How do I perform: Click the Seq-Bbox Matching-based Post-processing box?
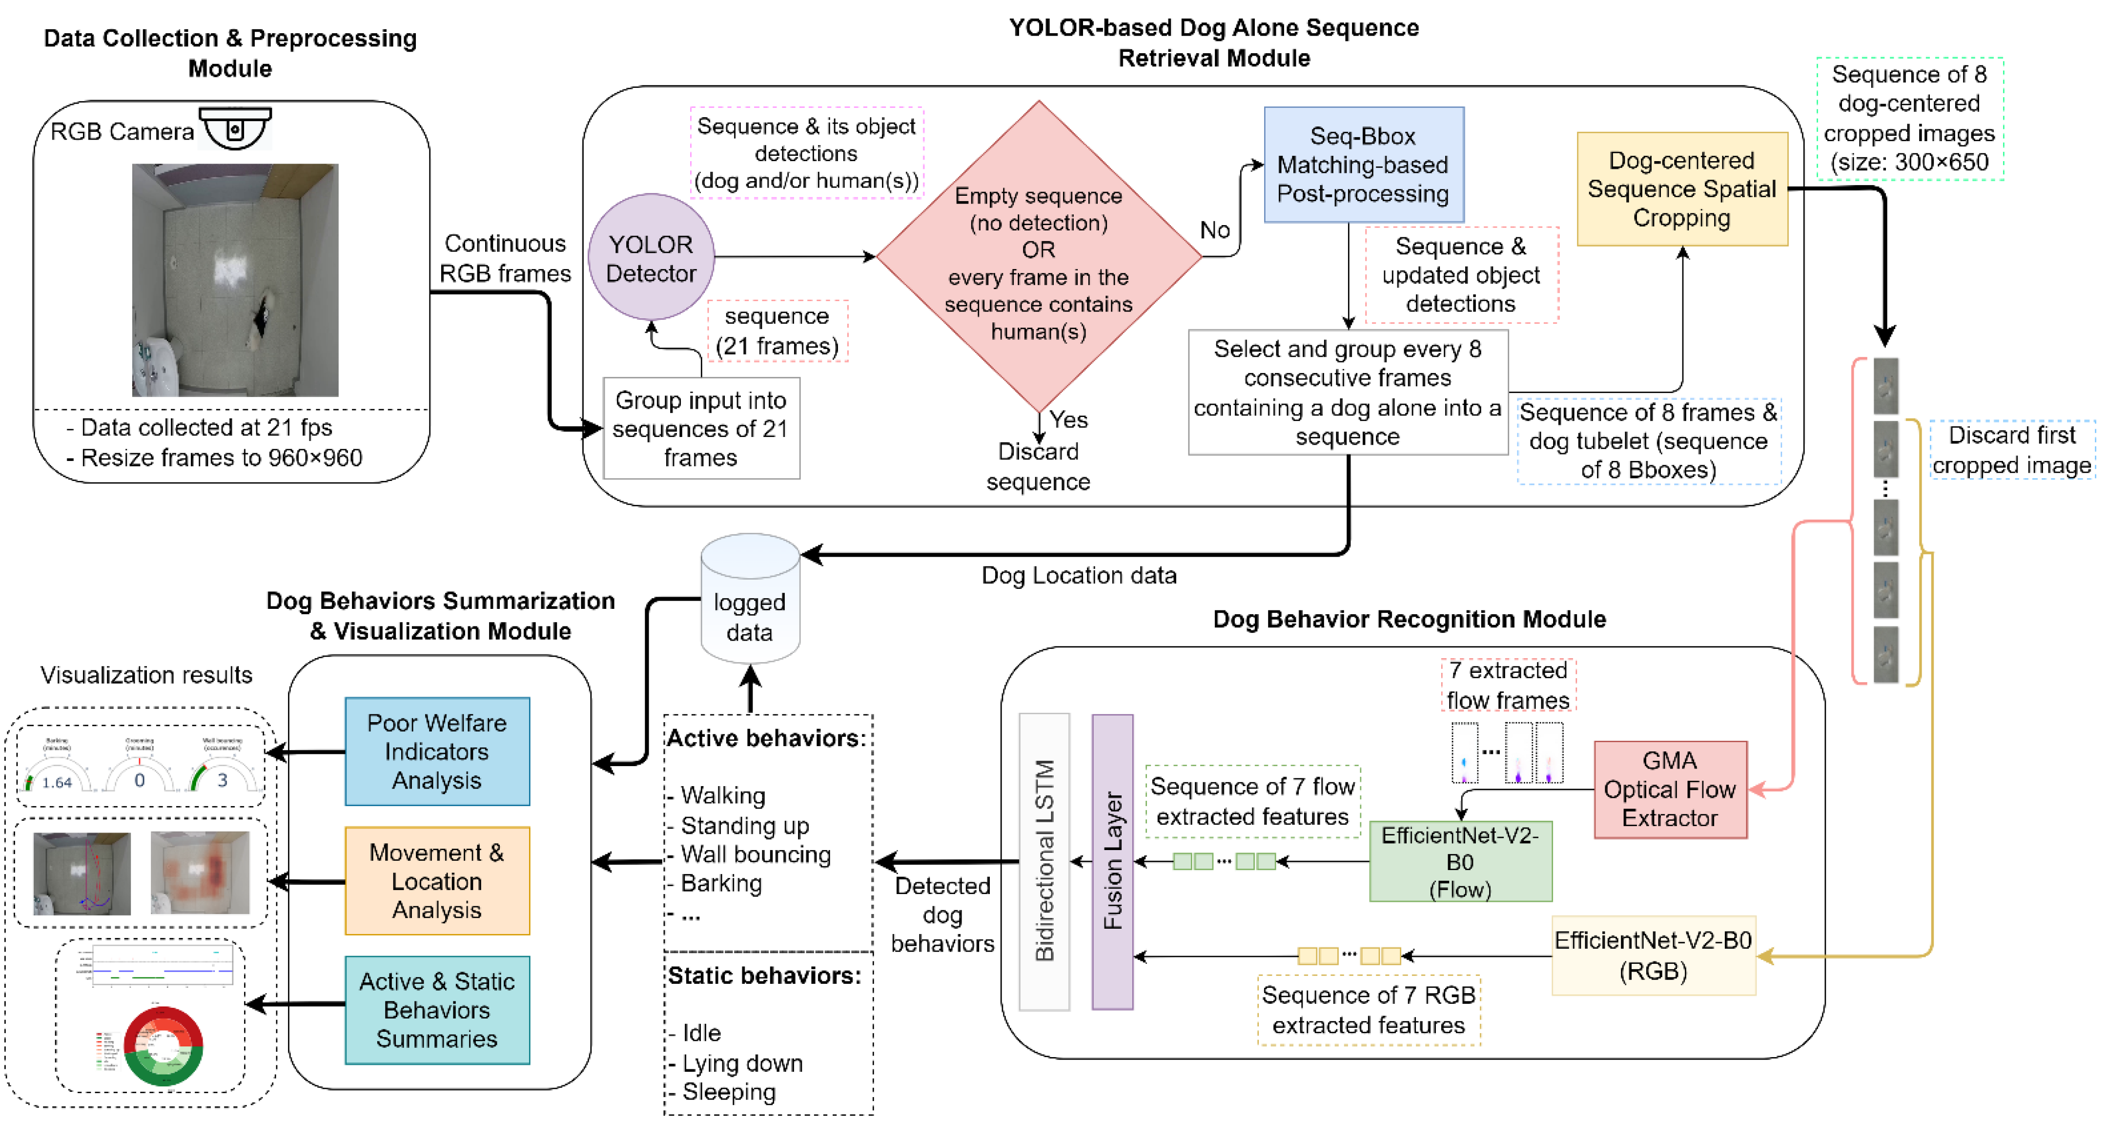(1364, 165)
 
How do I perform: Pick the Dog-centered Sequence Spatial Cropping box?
(1682, 189)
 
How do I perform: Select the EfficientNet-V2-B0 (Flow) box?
(1460, 861)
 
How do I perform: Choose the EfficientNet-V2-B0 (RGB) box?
(1653, 956)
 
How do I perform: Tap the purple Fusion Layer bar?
(1112, 861)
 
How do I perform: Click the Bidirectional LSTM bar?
(1044, 861)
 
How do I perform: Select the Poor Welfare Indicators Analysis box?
(437, 751)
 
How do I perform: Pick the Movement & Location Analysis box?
(437, 881)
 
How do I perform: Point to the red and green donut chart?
(164, 1046)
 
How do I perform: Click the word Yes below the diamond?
(1068, 419)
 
